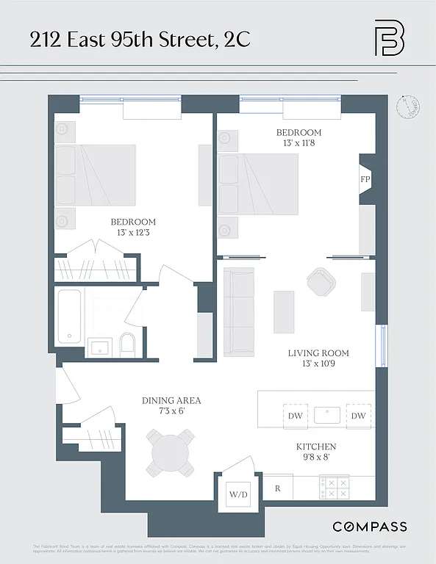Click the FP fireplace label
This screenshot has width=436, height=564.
(365, 178)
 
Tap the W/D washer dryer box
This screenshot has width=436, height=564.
(238, 494)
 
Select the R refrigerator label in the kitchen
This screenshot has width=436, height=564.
(278, 488)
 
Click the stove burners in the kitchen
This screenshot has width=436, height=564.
(335, 488)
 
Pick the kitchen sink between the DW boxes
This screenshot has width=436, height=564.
(327, 415)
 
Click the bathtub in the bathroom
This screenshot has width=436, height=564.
(70, 316)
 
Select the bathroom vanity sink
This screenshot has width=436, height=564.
(99, 346)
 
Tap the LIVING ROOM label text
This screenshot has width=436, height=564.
(318, 353)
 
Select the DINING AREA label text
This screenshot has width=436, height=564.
(171, 401)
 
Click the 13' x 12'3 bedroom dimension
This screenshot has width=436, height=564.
(133, 233)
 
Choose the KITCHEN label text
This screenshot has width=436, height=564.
(316, 446)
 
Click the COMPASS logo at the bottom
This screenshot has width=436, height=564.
(369, 527)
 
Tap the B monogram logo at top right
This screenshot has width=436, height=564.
(389, 37)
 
